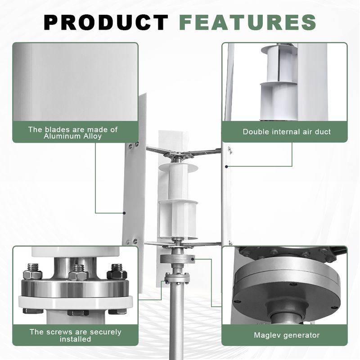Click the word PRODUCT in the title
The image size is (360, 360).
[106, 22]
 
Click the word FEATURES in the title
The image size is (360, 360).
[247, 22]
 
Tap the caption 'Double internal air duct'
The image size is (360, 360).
[287, 132]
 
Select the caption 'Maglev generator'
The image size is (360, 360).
[287, 335]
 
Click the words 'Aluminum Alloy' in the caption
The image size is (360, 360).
[72, 136]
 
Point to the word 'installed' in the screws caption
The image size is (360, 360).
[75, 339]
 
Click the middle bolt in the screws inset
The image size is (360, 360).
[78, 273]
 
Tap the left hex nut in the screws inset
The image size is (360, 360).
[32, 272]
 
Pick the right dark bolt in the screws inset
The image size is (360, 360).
[117, 272]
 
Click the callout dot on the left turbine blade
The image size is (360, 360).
[124, 213]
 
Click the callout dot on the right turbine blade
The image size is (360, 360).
[226, 166]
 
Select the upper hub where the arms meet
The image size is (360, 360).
[179, 156]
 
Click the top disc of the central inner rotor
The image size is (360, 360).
[178, 167]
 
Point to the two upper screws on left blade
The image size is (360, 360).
[133, 145]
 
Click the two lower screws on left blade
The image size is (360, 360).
[132, 242]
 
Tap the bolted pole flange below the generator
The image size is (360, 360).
[177, 278]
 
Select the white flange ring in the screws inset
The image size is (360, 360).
[76, 302]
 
